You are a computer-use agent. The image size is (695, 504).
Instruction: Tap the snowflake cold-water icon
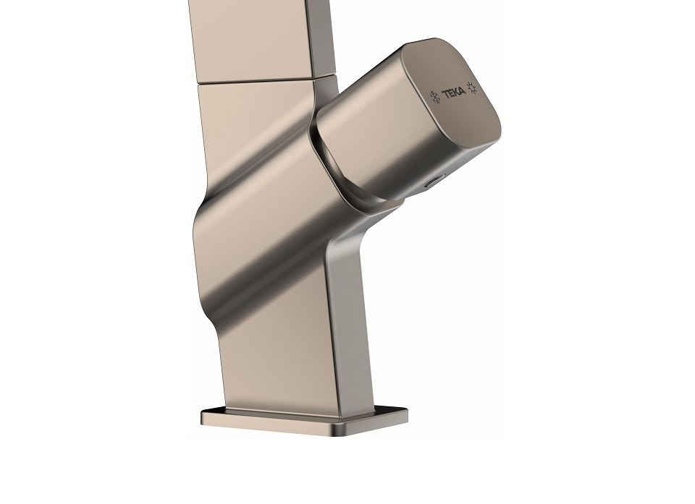[435, 97]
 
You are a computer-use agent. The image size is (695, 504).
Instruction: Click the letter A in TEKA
[463, 91]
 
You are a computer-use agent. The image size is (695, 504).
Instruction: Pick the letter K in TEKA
[456, 93]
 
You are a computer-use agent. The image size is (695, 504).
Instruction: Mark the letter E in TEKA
[450, 93]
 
